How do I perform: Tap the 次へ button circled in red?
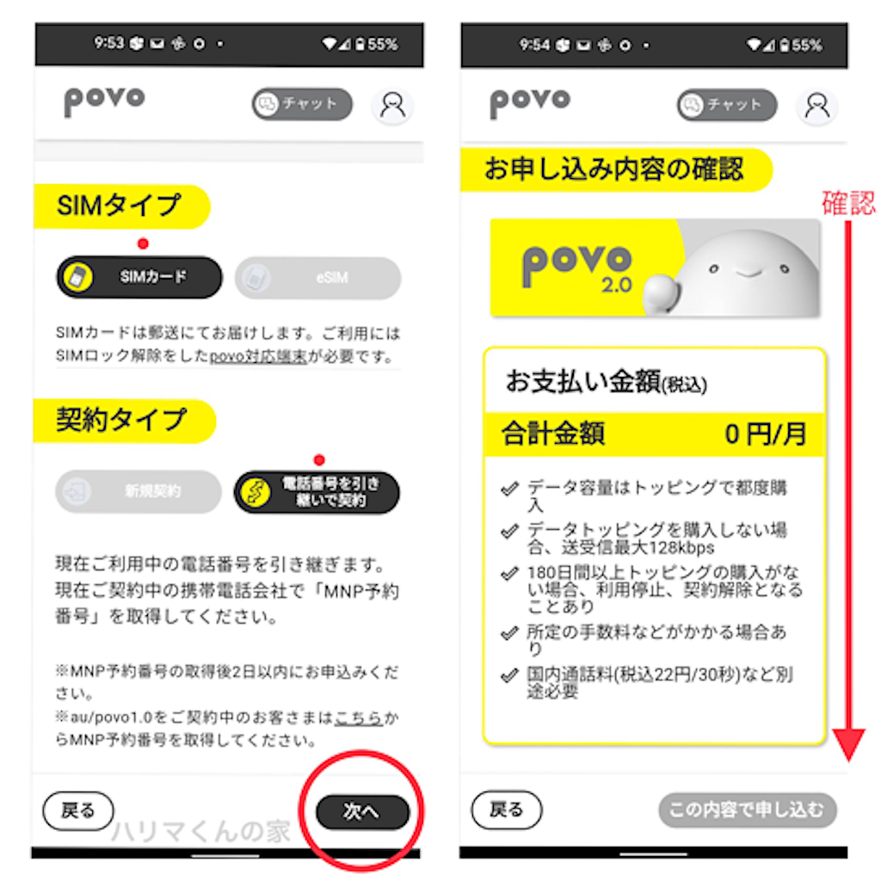pos(361,811)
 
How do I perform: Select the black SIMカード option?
pos(139,277)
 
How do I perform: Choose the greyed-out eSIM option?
pos(317,277)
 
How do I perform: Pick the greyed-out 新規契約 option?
pos(139,491)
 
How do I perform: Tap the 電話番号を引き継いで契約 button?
pos(317,491)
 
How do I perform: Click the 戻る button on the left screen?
pos(77,810)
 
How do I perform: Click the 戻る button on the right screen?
pos(507,810)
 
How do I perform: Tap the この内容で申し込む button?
pos(747,810)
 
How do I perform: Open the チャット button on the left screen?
pos(302,104)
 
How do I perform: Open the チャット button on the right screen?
pos(727,105)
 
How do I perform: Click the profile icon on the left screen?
pos(392,105)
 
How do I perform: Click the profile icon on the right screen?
pos(816,105)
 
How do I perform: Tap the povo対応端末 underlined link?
pos(258,356)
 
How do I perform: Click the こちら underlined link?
pos(359,718)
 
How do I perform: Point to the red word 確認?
pos(848,203)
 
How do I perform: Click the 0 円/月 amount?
pos(765,434)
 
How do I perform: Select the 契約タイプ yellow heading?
pos(121,420)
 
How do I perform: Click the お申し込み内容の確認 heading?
pos(613,169)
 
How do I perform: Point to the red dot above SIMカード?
pos(143,243)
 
